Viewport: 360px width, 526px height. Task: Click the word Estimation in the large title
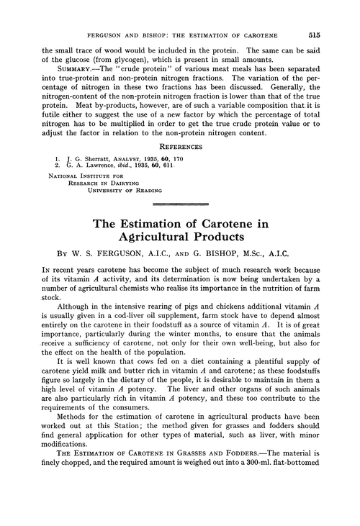[x=155, y=224]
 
